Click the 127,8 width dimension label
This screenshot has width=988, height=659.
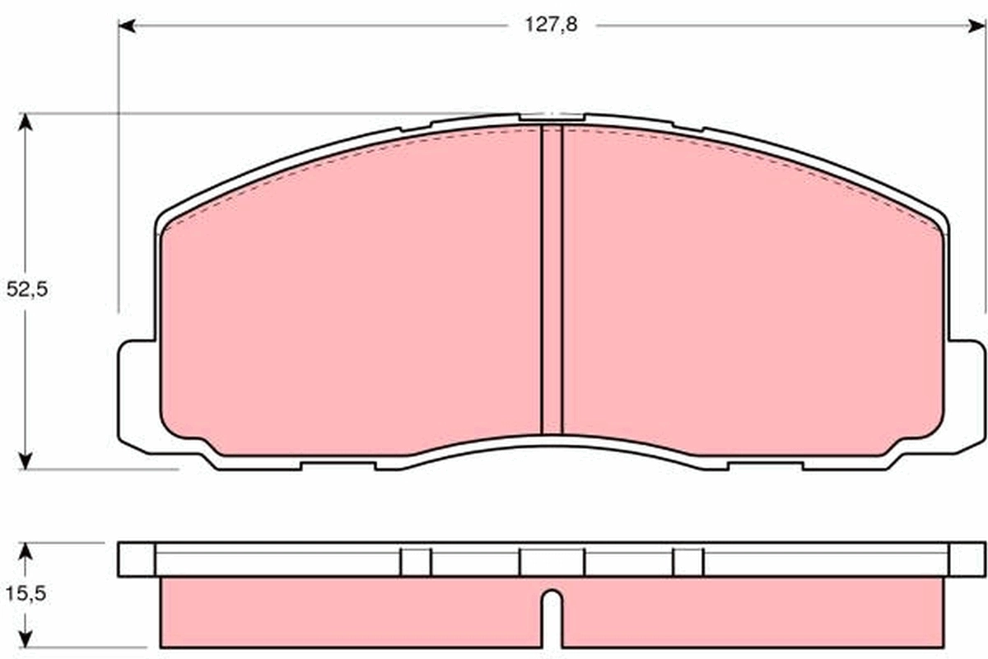pyautogui.click(x=552, y=25)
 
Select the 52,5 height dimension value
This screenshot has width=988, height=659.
pyautogui.click(x=27, y=290)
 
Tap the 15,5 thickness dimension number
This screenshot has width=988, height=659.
pyautogui.click(x=27, y=593)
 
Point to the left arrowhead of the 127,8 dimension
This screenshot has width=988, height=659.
pyautogui.click(x=126, y=26)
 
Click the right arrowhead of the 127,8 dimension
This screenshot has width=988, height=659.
pyautogui.click(x=978, y=26)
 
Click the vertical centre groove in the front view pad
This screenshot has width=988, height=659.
pyautogui.click(x=551, y=280)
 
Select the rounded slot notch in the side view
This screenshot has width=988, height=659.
pyautogui.click(x=552, y=610)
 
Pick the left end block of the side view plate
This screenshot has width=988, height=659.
pyautogui.click(x=136, y=560)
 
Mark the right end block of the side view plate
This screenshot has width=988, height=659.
pyautogui.click(x=967, y=560)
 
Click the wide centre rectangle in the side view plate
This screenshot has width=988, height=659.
pyautogui.click(x=552, y=563)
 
